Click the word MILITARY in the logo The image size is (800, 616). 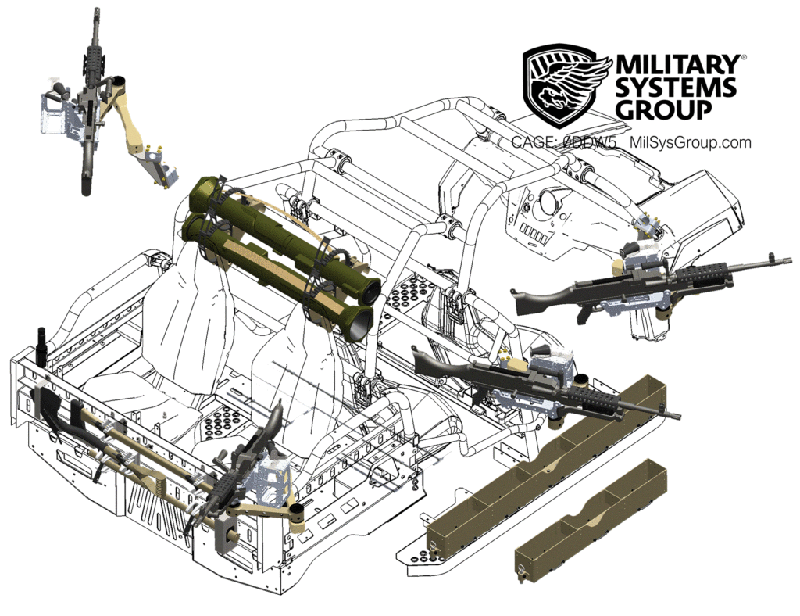point(677,65)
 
